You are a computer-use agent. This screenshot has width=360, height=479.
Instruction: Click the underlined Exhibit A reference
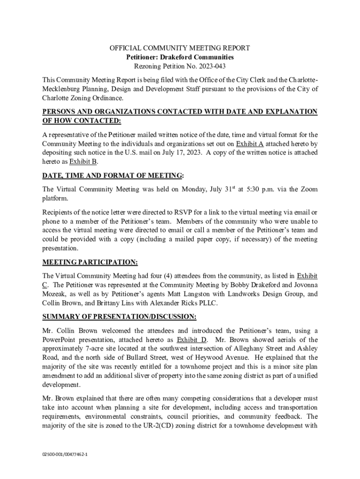(250, 144)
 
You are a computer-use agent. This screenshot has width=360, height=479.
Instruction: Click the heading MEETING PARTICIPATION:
(90, 261)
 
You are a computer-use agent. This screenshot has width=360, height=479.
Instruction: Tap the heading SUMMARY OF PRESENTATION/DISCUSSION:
(119, 317)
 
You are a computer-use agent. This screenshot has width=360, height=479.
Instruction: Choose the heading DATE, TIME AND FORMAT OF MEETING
(112, 175)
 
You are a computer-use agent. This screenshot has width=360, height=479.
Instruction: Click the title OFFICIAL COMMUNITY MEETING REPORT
(180, 48)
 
